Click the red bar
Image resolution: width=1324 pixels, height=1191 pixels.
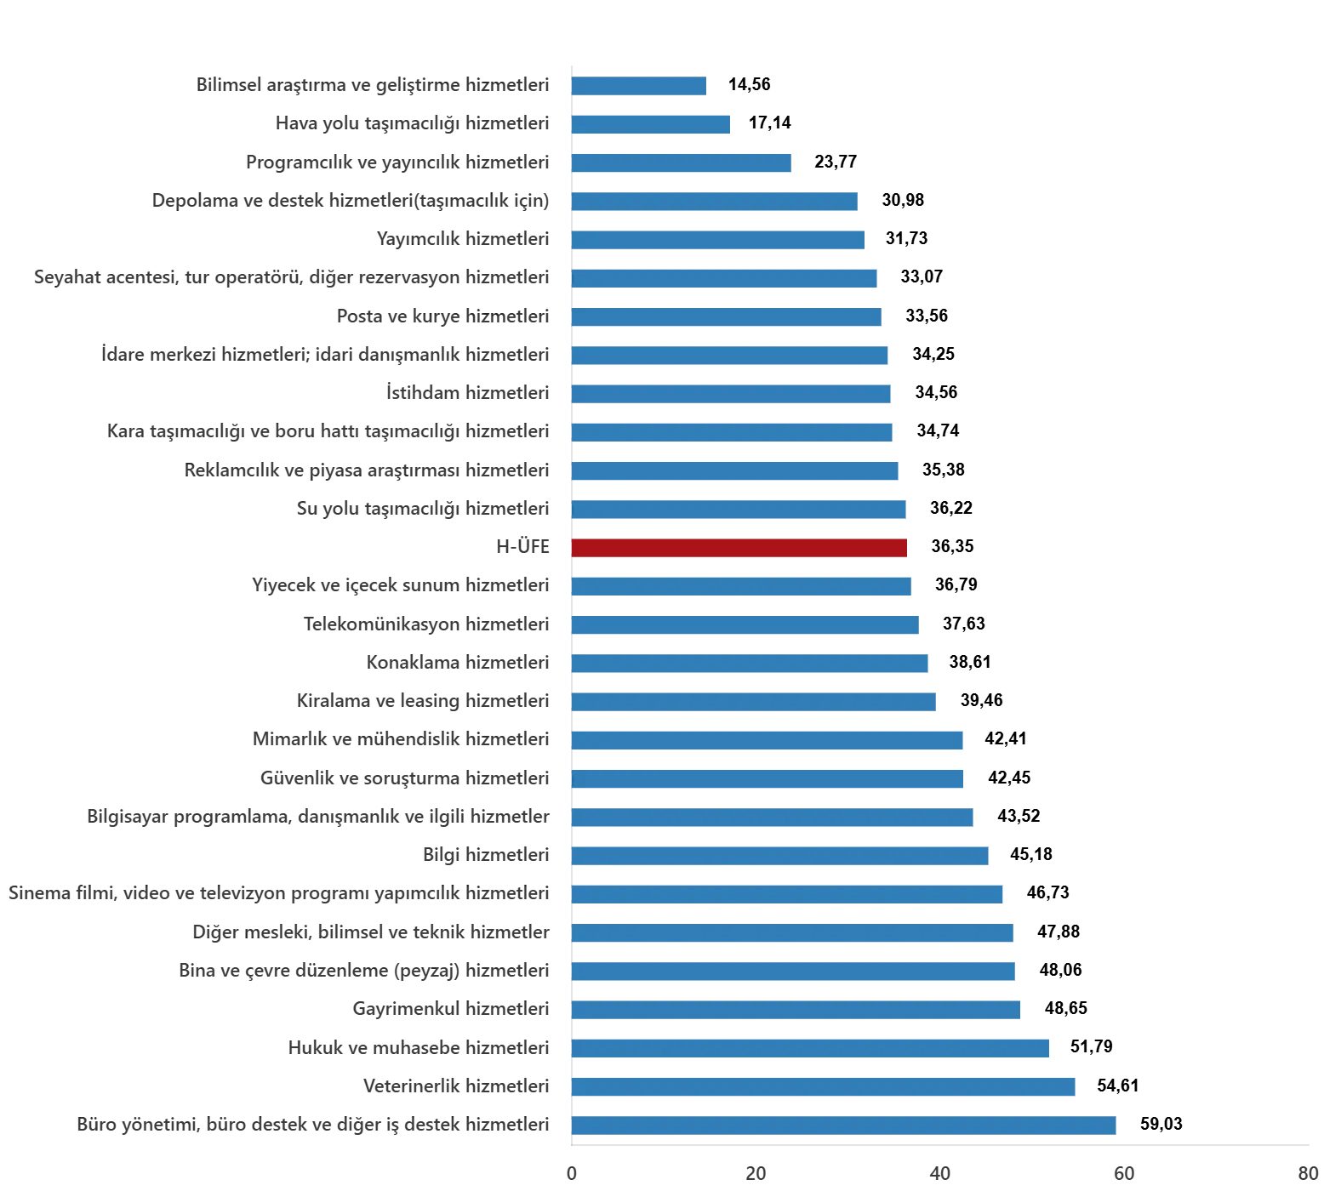pyautogui.click(x=740, y=547)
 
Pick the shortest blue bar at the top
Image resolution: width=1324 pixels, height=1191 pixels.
pyautogui.click(x=639, y=85)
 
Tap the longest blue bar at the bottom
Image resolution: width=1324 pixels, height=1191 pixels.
pyautogui.click(x=843, y=1125)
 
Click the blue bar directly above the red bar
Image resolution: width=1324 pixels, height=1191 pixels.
pyautogui.click(x=740, y=509)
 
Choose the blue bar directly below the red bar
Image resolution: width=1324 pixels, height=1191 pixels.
pyautogui.click(x=741, y=585)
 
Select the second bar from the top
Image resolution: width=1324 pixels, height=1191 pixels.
pyautogui.click(x=652, y=124)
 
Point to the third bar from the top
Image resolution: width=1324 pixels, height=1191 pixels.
pyautogui.click(x=683, y=162)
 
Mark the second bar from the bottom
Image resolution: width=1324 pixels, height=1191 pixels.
pyautogui.click(x=823, y=1087)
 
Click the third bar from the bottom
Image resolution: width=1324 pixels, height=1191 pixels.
pyautogui.click(x=813, y=1048)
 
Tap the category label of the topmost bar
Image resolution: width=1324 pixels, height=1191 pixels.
pyautogui.click(x=374, y=86)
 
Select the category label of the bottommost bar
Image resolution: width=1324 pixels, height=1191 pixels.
pyautogui.click(x=313, y=1126)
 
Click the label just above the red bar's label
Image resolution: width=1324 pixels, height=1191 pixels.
pyautogui.click(x=422, y=509)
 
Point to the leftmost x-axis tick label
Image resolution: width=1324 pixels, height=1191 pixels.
pyautogui.click(x=572, y=1175)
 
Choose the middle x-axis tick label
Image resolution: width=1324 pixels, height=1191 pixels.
pyautogui.click(x=941, y=1175)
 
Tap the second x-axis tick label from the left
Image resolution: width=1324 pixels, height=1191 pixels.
pyautogui.click(x=756, y=1175)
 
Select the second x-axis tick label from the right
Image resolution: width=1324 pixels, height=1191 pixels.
pyautogui.click(x=1125, y=1175)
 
